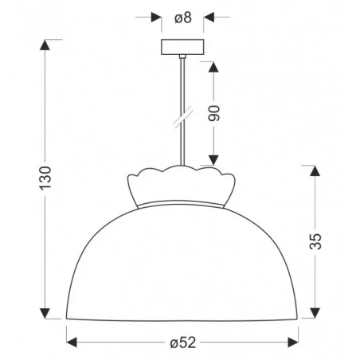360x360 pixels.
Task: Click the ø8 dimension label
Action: (x=182, y=16)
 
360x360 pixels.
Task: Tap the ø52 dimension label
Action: (x=182, y=343)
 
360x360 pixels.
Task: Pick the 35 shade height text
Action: (x=317, y=241)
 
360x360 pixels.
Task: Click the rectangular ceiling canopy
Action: (x=182, y=47)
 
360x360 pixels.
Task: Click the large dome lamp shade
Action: (x=182, y=263)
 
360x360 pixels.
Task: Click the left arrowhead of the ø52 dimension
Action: (x=70, y=343)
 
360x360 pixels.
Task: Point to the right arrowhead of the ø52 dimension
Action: (x=295, y=343)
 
